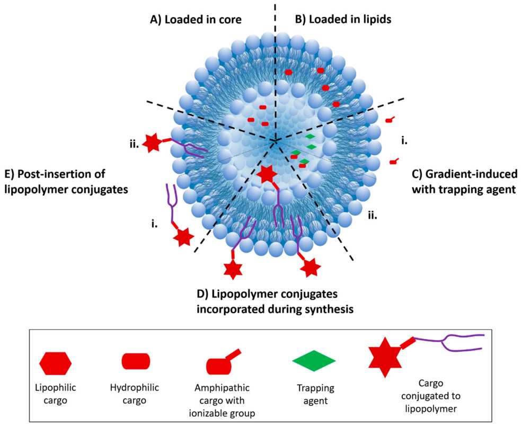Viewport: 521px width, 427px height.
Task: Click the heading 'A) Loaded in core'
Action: pos(196,20)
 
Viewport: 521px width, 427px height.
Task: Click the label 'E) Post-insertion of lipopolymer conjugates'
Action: pos(66,181)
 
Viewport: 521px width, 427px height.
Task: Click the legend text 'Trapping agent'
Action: pos(314,395)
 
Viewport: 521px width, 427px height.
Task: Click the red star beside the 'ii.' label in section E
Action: pos(152,144)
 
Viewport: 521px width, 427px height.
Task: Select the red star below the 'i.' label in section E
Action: pos(183,237)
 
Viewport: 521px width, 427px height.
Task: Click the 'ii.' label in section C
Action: pos(373,214)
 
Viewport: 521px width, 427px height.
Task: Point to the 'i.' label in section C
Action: pos(404,141)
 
